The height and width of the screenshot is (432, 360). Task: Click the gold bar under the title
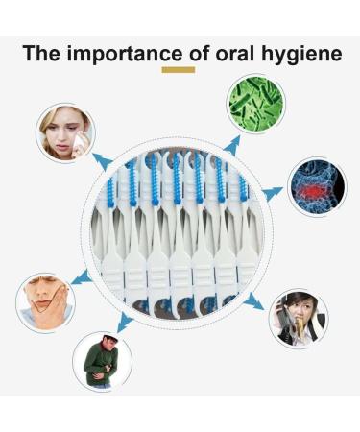coord(179,70)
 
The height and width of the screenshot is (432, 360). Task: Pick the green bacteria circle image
coord(255,104)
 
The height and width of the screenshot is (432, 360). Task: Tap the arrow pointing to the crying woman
coord(103,158)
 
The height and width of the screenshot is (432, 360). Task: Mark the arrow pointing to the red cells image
coord(273,194)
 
